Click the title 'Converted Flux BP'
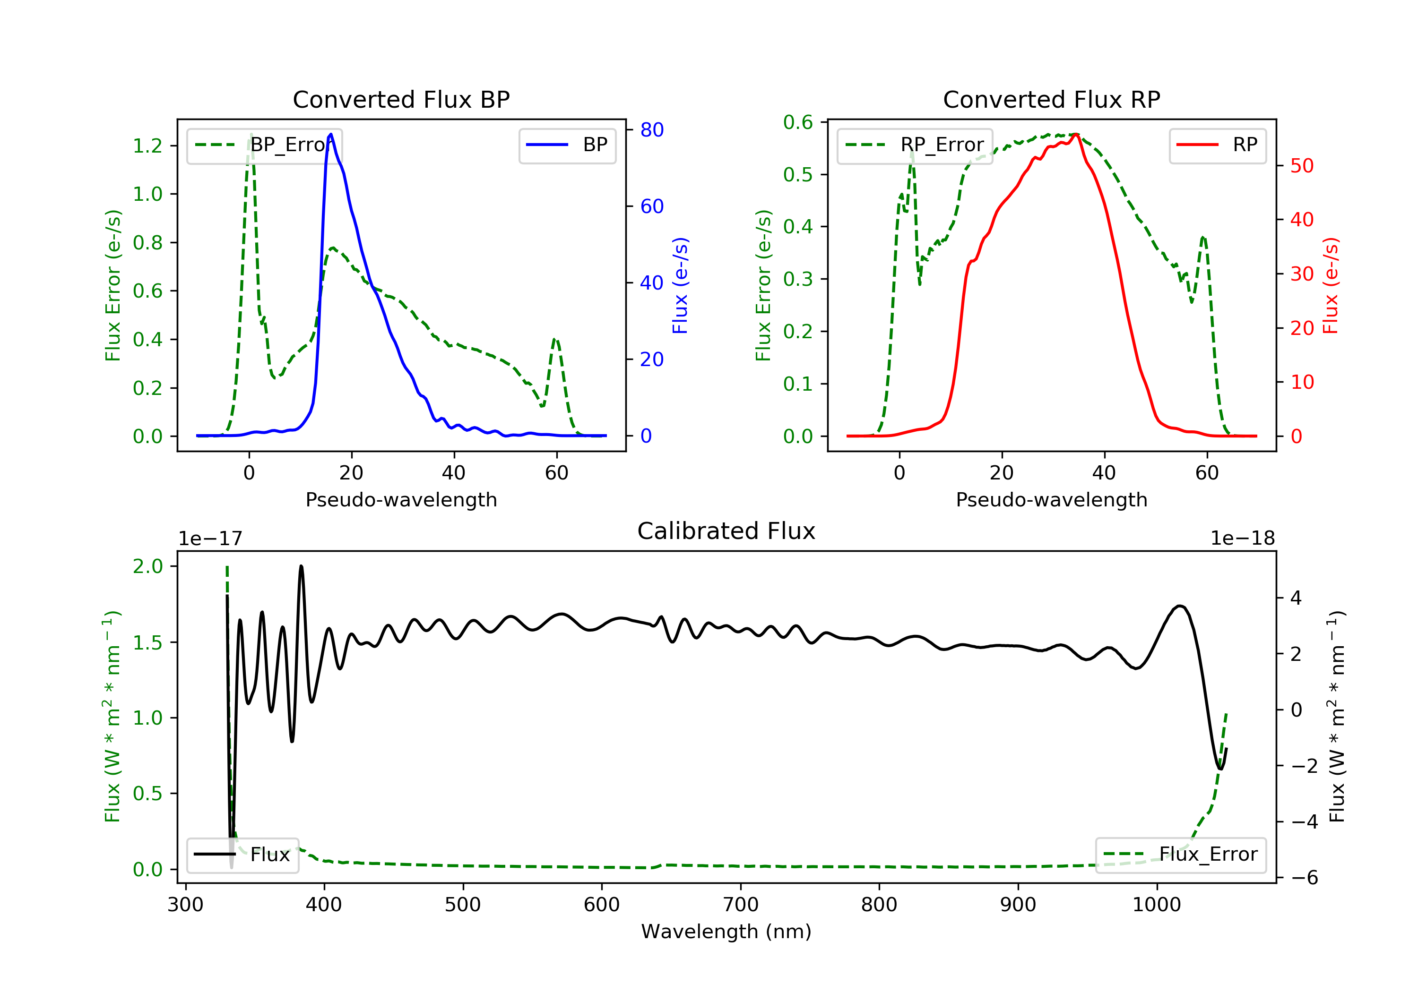401,99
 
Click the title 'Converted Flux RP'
1051,99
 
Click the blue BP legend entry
567,145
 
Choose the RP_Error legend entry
915,145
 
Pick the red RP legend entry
1217,145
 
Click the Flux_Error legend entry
1180,855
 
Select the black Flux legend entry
242,855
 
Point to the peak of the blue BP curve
331,134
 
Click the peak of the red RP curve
1076,134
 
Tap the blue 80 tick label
651,129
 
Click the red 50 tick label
1302,165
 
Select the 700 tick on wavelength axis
741,904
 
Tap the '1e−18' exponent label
1242,539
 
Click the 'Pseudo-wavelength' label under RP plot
1051,499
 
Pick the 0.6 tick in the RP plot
798,122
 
